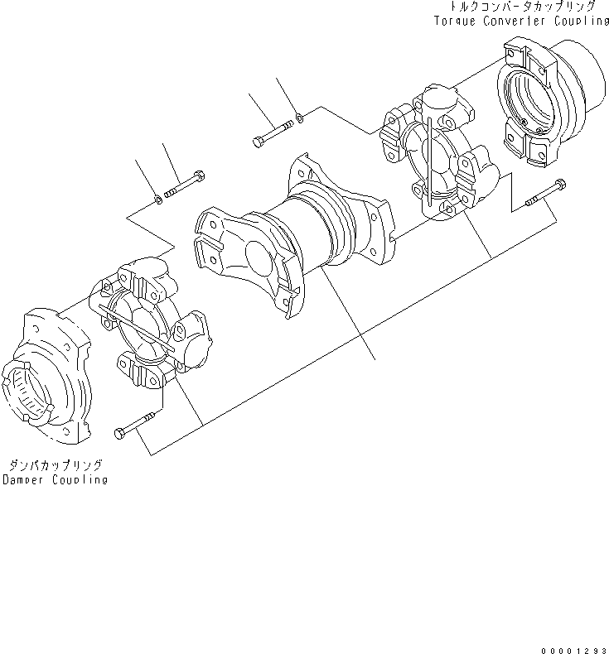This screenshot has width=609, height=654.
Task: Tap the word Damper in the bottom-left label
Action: click(22, 480)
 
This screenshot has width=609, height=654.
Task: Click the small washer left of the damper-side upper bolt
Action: click(158, 199)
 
